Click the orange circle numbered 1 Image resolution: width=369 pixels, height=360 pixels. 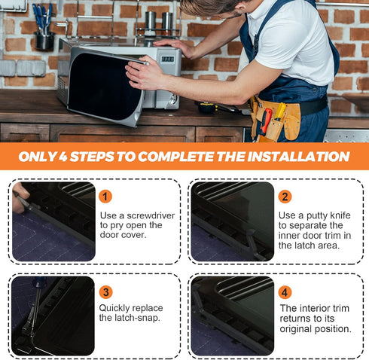pos(105,197)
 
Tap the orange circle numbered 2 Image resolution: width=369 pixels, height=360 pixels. pos(285,197)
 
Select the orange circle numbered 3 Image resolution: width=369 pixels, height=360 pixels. pos(105,292)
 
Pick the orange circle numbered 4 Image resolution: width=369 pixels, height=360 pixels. pos(285,292)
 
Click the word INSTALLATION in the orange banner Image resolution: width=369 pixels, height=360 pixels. pos(298,157)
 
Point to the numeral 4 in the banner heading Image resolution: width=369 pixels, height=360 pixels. pos(63,157)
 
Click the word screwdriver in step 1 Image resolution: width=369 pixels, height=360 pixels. pos(151,215)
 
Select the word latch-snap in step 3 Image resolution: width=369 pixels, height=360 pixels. pos(137,318)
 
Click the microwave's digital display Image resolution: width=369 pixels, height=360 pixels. pos(167,59)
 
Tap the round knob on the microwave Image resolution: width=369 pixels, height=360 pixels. pos(172,99)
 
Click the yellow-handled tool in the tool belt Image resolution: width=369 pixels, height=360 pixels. pos(279,112)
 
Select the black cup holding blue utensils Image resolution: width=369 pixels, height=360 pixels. pos(44,41)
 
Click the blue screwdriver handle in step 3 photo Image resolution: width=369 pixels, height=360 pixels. pos(38,282)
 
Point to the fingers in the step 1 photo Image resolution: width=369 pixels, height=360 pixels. pos(20,197)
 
